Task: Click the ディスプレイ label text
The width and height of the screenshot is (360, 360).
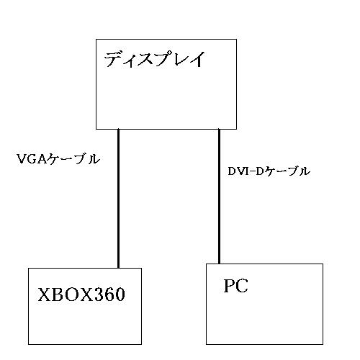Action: pyautogui.click(x=155, y=59)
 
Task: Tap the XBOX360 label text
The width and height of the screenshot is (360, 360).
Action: pyautogui.click(x=81, y=294)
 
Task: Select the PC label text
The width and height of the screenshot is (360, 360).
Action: pyautogui.click(x=235, y=286)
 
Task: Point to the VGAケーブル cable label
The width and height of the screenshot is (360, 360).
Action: pyautogui.click(x=58, y=159)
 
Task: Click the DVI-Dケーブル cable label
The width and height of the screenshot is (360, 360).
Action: pyautogui.click(x=269, y=171)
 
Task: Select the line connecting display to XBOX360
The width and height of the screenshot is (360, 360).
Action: pyautogui.click(x=118, y=199)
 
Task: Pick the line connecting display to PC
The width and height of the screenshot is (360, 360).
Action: pyautogui.click(x=219, y=197)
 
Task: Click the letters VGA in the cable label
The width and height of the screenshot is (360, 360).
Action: pyautogui.click(x=32, y=159)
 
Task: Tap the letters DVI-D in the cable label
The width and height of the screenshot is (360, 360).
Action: pyautogui.click(x=246, y=171)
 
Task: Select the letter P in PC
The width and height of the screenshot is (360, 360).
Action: pyautogui.click(x=229, y=286)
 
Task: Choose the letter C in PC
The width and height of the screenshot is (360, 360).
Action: pyautogui.click(x=242, y=286)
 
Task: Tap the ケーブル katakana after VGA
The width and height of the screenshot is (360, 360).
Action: pyautogui.click(x=74, y=159)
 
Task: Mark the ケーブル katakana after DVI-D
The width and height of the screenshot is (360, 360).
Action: pyautogui.click(x=287, y=171)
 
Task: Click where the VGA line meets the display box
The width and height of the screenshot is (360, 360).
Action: pyautogui.click(x=118, y=129)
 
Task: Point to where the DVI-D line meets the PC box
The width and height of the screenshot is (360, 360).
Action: pyautogui.click(x=219, y=264)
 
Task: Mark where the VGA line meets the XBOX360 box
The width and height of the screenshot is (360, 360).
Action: pyautogui.click(x=118, y=268)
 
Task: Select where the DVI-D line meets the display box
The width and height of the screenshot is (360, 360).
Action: pyautogui.click(x=219, y=129)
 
